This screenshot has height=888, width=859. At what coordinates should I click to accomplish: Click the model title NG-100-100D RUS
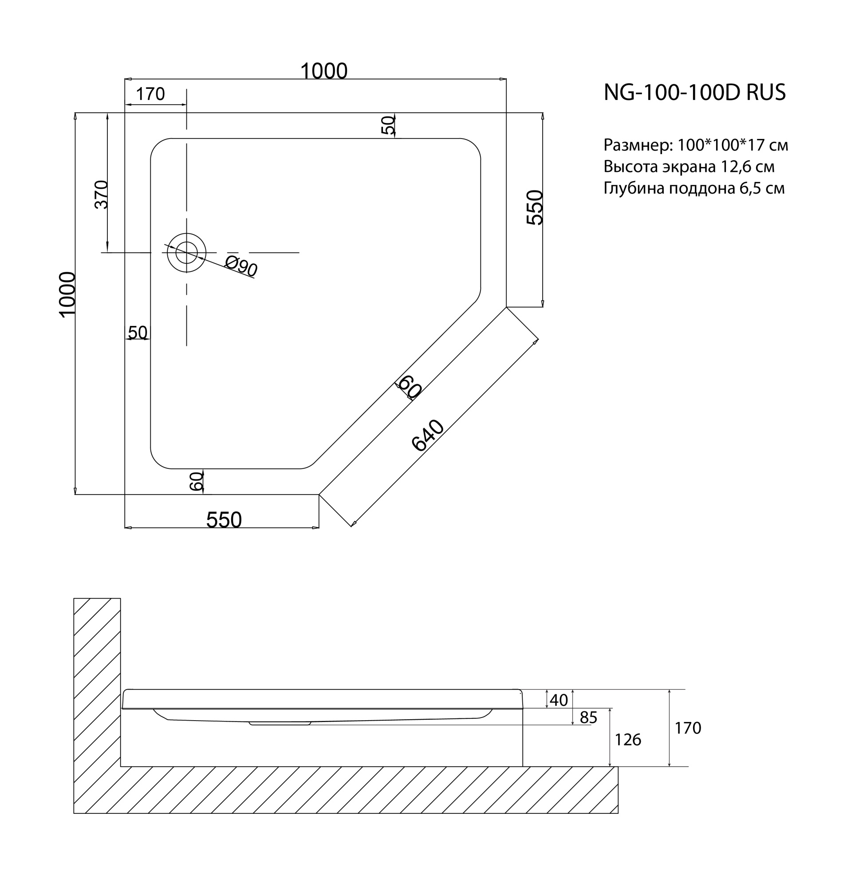point(694,92)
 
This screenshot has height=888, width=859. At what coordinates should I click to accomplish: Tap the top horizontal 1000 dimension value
point(324,71)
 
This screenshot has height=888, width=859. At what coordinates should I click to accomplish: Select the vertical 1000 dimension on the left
point(67,294)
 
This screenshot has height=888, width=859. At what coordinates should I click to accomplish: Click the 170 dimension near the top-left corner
point(150,94)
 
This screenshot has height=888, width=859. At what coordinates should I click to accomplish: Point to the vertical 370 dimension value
point(102,194)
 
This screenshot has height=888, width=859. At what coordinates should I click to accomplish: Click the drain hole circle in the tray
point(186,253)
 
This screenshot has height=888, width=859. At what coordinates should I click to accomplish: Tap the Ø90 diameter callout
point(241,266)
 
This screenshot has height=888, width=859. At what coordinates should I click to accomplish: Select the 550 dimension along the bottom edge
point(224,520)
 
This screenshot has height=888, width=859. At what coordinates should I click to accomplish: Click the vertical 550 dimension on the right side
point(535,207)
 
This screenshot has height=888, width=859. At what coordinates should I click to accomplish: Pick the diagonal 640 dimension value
point(427,436)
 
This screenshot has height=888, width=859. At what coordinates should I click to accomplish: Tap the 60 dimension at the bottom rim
point(196,482)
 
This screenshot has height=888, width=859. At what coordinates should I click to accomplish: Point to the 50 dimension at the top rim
point(388,125)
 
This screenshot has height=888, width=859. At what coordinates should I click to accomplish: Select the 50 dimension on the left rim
point(138,333)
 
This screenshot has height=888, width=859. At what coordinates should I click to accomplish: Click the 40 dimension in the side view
point(558,701)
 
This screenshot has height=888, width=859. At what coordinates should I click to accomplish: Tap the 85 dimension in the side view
point(588,718)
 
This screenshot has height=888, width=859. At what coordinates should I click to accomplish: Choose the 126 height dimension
point(627,740)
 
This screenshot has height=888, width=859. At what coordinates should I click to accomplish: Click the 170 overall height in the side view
point(687,728)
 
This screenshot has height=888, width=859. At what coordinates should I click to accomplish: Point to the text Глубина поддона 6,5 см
point(694,188)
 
